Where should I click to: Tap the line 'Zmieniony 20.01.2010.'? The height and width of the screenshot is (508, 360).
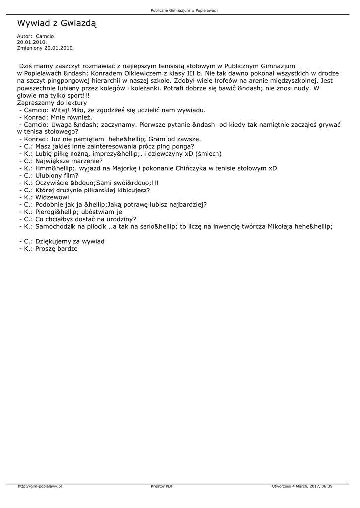(45, 48)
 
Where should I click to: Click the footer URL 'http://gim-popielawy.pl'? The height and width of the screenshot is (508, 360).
(40, 486)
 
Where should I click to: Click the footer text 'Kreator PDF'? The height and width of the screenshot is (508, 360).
(162, 486)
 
